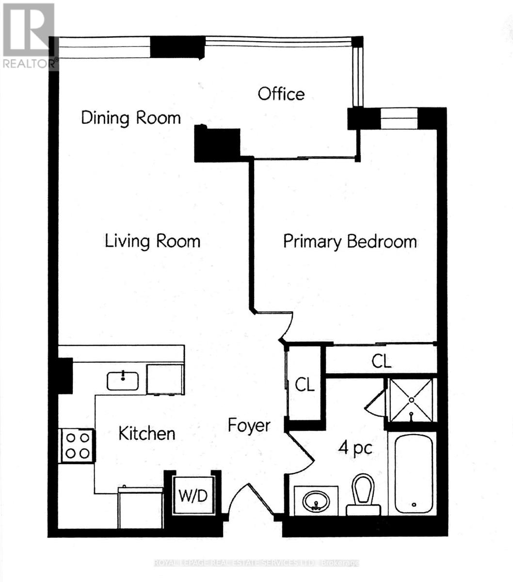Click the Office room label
[281, 94]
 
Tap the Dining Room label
[131, 118]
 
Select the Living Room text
[153, 241]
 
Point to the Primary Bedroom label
[350, 242]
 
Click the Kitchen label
[147, 434]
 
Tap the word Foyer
[249, 425]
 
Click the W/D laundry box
[193, 496]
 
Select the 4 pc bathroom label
[355, 449]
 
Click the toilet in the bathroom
[363, 494]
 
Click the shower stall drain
[411, 400]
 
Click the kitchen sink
[123, 381]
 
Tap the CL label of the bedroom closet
[381, 361]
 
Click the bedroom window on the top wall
[399, 119]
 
